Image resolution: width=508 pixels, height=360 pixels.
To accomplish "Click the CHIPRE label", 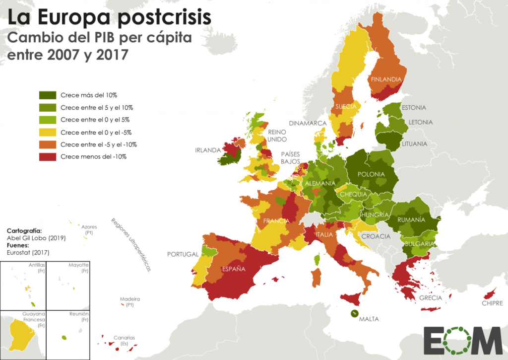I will (492, 303).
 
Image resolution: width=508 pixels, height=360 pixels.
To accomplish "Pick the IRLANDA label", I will (208, 149).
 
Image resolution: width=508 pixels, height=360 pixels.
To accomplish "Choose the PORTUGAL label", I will (183, 254).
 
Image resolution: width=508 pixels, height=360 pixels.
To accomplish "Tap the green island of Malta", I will (355, 313).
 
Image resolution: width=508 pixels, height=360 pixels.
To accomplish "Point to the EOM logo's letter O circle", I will (460, 341).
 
